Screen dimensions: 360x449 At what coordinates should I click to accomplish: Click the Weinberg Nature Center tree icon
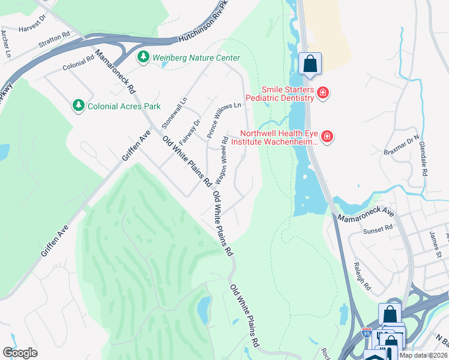click(x=143, y=58)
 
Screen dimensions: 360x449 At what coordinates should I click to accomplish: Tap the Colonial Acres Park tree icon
click(x=78, y=106)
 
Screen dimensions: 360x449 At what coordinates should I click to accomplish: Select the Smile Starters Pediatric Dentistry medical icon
click(x=323, y=92)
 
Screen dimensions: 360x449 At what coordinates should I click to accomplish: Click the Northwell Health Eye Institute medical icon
click(x=327, y=137)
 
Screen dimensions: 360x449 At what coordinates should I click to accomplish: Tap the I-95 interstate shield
click(x=367, y=332)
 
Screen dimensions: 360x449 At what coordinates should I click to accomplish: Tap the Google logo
click(x=20, y=352)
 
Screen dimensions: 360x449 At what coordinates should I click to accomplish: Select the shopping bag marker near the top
click(x=310, y=64)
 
